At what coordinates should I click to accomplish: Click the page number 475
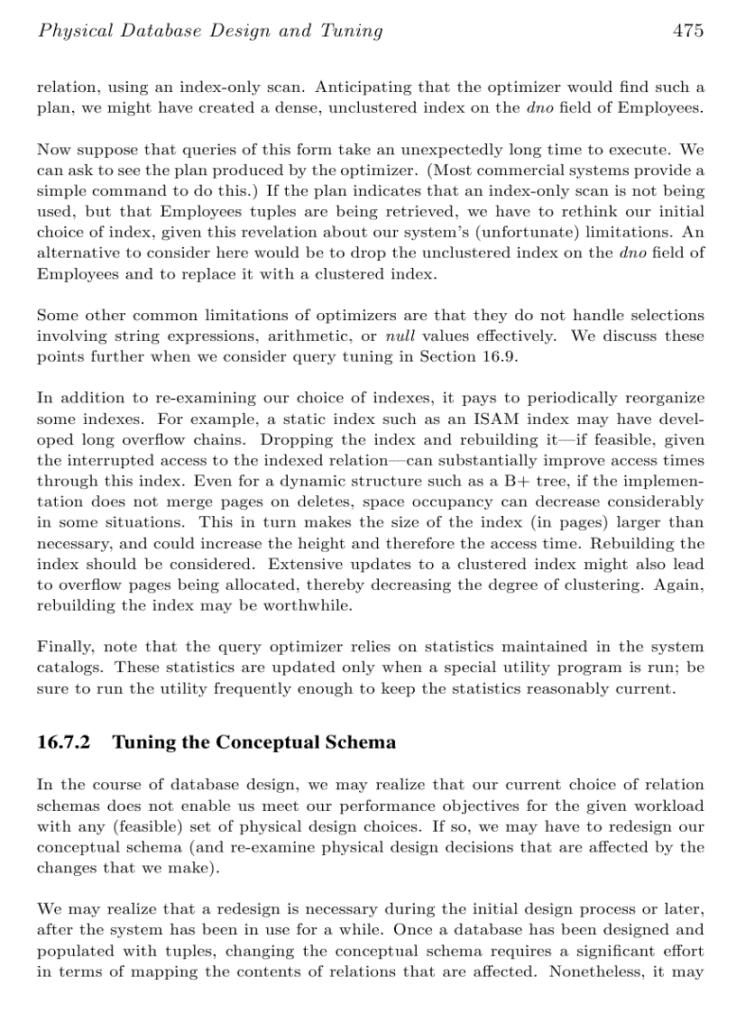click(x=687, y=32)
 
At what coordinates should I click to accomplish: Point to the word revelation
click(x=341, y=232)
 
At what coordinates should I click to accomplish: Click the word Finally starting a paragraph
click(x=65, y=647)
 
